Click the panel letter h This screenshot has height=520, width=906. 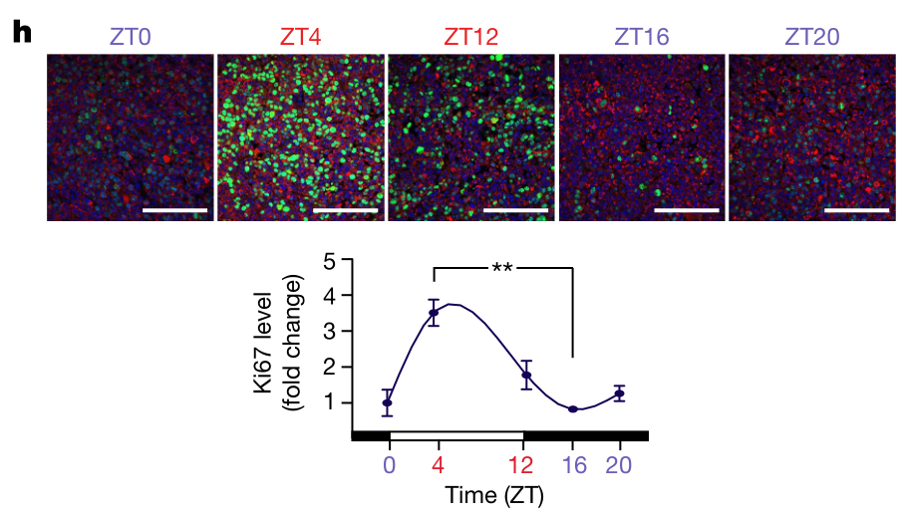pos(21,32)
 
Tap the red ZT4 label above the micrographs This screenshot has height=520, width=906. pos(300,38)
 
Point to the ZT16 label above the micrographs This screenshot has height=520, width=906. pos(642,38)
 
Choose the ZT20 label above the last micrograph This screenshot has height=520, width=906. pos(813,38)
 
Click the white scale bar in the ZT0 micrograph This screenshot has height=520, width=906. pos(175,211)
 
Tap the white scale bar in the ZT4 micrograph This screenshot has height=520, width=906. pos(345,211)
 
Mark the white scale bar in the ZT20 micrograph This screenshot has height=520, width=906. pos(857,211)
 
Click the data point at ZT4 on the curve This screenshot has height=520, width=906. pos(434,313)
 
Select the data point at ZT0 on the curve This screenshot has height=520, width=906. pos(388,402)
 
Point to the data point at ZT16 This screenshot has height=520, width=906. pos(573,409)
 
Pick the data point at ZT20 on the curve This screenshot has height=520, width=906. pos(619,393)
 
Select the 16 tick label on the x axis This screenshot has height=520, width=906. pos(573,465)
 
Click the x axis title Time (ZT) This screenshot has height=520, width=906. pos(495,495)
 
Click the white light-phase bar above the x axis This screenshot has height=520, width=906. pos(456,435)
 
